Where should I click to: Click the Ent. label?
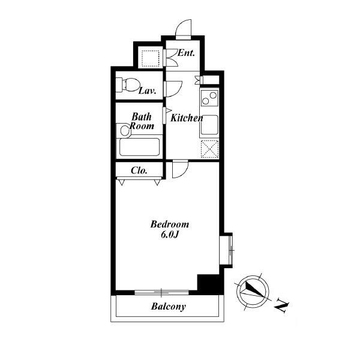[x=186, y=53]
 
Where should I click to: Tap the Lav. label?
[x=148, y=91]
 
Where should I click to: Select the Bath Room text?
[x=142, y=121]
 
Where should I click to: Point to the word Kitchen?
[x=187, y=118]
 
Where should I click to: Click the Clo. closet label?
[x=139, y=170]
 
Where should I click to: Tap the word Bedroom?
[x=170, y=224]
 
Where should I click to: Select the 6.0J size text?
[x=170, y=235]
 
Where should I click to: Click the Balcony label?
[x=169, y=307]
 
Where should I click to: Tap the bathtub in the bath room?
[x=139, y=147]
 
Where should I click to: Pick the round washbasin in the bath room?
[x=125, y=130]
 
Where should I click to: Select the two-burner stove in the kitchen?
[x=209, y=98]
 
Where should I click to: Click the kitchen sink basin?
[x=209, y=125]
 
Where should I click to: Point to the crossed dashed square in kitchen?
[x=209, y=149]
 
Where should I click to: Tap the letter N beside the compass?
[x=282, y=305]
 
